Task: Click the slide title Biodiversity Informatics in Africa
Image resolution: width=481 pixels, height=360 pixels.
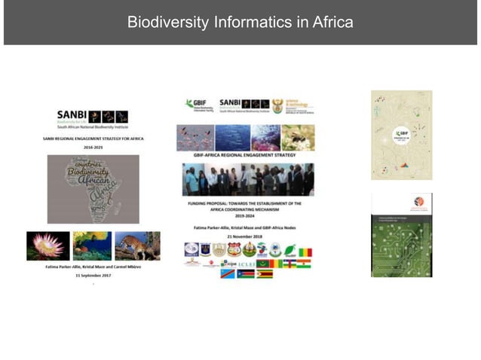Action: coord(240,22)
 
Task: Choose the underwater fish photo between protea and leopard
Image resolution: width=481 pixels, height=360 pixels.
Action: coord(91,246)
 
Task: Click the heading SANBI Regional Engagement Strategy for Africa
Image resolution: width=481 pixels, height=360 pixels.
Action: coord(93,139)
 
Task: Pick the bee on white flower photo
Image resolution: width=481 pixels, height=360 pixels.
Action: coord(297,138)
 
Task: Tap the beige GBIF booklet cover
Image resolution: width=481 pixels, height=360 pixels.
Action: coord(401,135)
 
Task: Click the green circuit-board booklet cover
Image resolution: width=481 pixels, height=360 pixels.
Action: coord(401,235)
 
